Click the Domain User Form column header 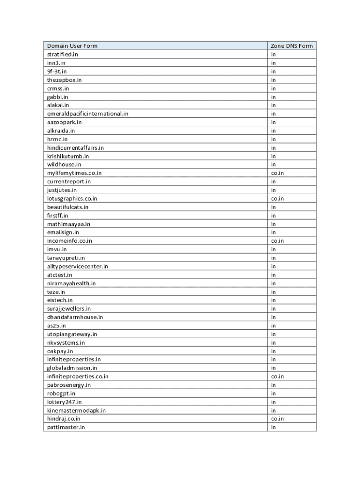(x=72, y=46)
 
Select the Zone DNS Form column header (x=292, y=46)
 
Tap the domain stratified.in (x=63, y=54)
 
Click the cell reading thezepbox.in (x=64, y=80)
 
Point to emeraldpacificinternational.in (x=87, y=114)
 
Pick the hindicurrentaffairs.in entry (x=75, y=148)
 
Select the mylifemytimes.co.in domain (x=74, y=173)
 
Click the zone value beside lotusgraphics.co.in (x=277, y=198)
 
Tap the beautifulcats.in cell (x=68, y=207)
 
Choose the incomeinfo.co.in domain (x=69, y=241)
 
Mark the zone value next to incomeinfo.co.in (x=277, y=241)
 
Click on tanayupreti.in (x=66, y=258)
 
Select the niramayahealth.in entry (x=72, y=283)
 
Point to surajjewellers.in (x=69, y=309)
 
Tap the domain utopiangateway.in (x=72, y=334)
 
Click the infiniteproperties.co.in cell (x=78, y=377)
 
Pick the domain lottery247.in (x=64, y=402)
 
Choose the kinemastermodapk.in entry (x=76, y=410)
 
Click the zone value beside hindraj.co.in (x=277, y=419)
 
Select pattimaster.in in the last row (x=66, y=427)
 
